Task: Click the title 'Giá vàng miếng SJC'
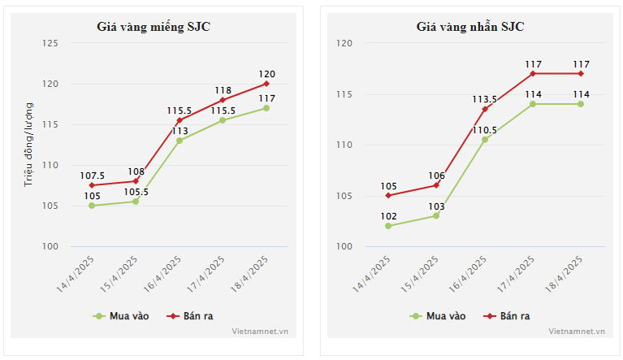pos(154,27)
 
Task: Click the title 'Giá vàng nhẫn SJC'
pos(470,27)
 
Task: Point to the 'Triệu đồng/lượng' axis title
pos(28,145)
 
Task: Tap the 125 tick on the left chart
pos(50,43)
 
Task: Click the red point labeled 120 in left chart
pos(266,84)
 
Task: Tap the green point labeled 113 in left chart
pos(180,141)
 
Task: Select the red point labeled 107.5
pos(92,185)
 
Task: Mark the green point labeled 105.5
pos(136,202)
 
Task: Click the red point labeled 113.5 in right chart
pos(485,109)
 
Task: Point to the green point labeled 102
pos(388,226)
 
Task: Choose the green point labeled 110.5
pos(485,140)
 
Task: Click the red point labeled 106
pos(436,185)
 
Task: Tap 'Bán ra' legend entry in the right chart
pos(507,316)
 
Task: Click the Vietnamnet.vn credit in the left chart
pos(260,332)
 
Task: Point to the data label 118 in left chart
pos(223,90)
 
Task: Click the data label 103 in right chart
pos(436,206)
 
